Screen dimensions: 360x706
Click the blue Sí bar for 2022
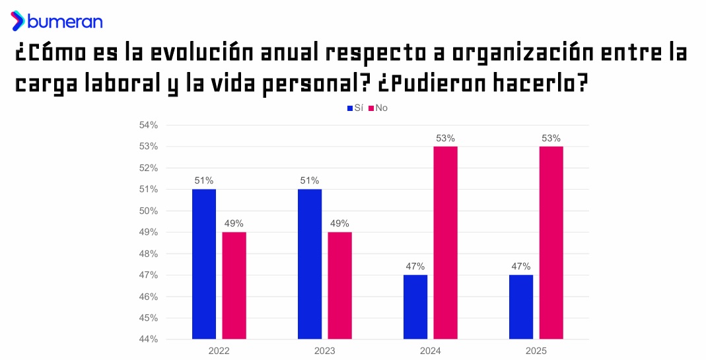coord(203,264)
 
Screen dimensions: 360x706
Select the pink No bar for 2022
coord(234,285)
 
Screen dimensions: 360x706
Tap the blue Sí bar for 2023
coord(310,264)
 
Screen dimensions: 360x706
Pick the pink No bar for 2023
coord(340,285)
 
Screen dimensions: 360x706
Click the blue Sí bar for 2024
coord(415,306)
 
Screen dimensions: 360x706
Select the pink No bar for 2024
coord(445,243)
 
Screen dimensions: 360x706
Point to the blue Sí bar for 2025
coord(521,306)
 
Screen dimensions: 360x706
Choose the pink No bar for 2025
coord(551,243)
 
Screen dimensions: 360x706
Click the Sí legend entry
coord(355,108)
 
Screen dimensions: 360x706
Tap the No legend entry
coord(378,108)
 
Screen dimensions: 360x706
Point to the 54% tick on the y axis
coord(149,125)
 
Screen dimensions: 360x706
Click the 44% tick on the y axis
coord(149,340)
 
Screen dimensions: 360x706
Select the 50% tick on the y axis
coord(149,211)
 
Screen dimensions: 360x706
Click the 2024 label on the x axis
coord(430,351)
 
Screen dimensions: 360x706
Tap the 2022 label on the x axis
coord(219,351)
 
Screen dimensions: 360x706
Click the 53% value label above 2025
coord(551,138)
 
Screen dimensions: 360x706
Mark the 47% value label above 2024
coord(415,266)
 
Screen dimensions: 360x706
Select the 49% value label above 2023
coord(340,223)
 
